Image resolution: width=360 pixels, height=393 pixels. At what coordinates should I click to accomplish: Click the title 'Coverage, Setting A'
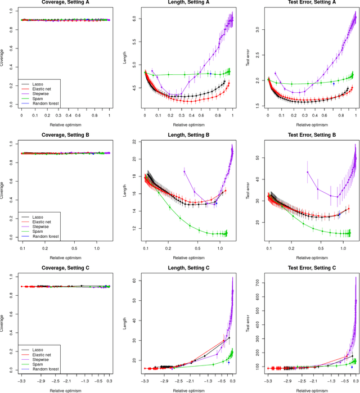pos(66,3)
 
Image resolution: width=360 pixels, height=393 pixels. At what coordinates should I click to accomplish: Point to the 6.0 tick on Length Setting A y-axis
pos(134,18)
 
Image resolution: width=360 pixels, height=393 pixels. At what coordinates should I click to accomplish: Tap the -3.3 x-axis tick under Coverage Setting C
pos(21,381)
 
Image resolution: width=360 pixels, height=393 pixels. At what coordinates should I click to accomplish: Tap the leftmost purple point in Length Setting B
pos(184,171)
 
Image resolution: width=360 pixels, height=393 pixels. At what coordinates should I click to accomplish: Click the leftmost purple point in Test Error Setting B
pos(308,171)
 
